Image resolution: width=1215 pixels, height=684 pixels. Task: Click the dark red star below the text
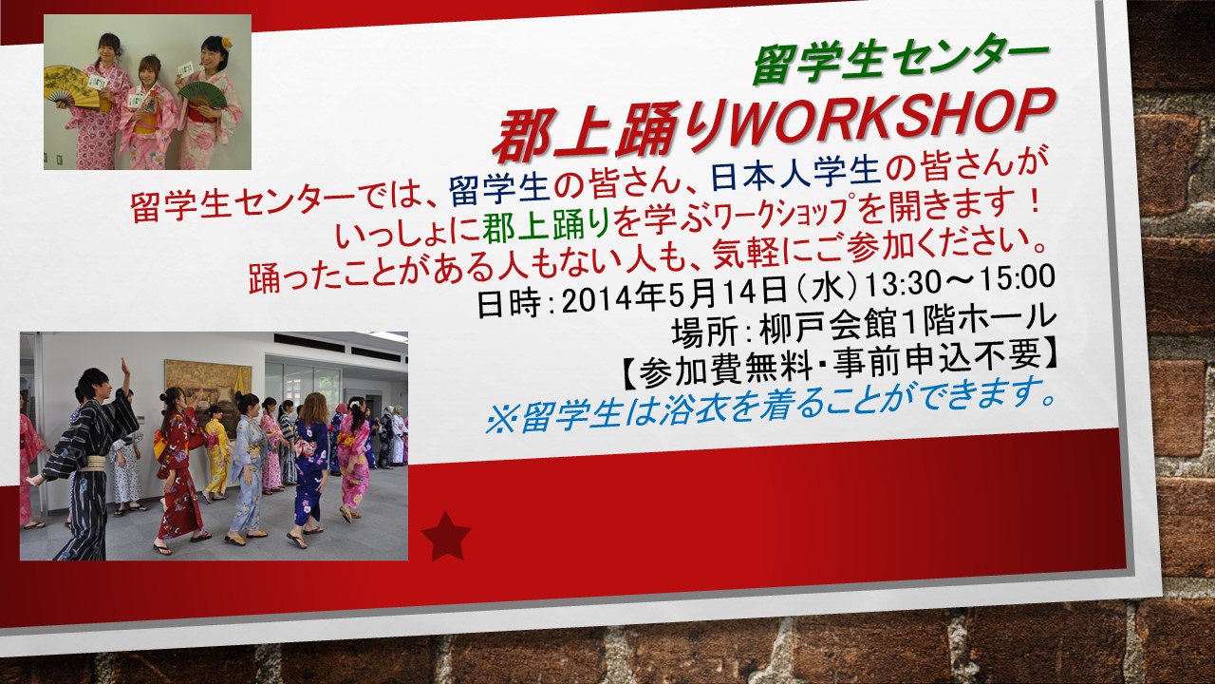446,537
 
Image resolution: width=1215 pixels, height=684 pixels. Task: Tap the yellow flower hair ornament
226,43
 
